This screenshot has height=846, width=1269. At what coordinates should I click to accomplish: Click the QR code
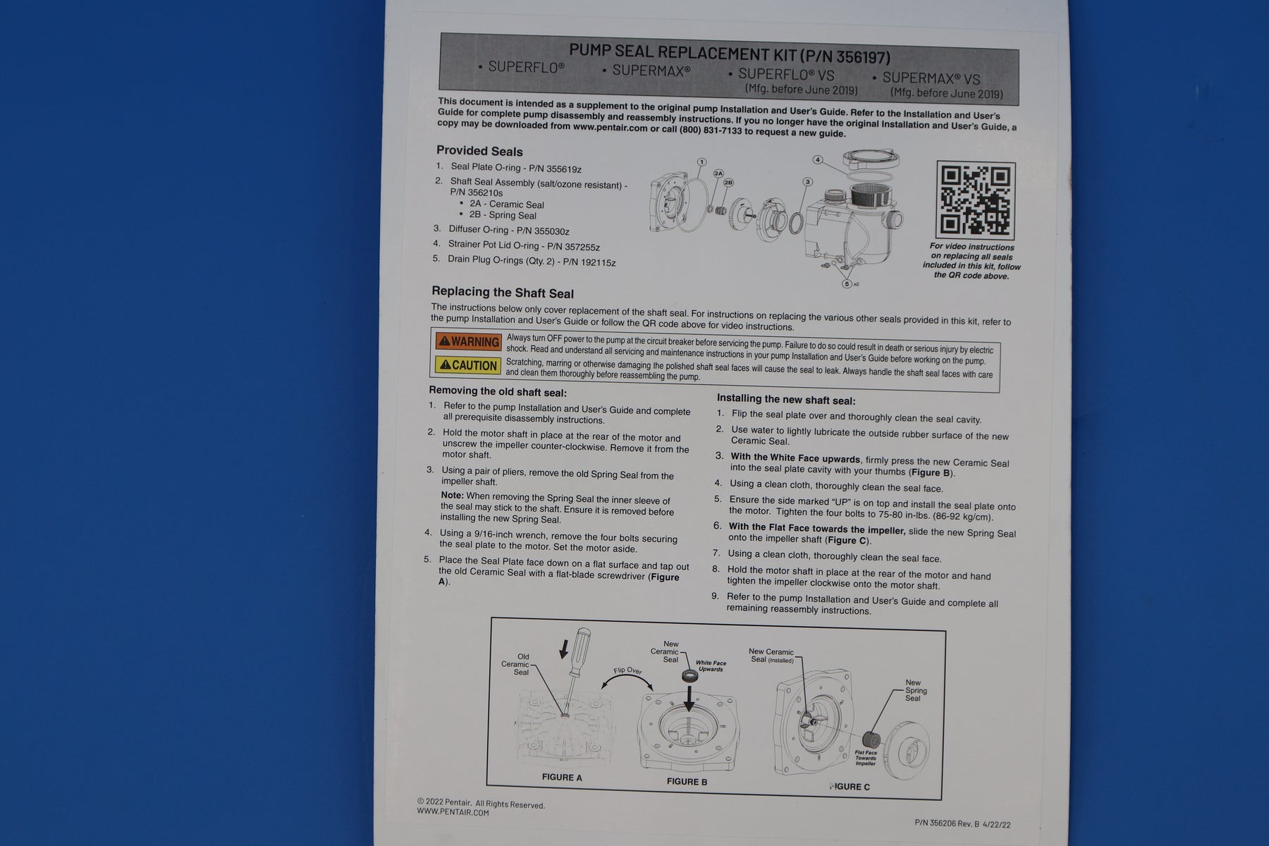[x=975, y=200]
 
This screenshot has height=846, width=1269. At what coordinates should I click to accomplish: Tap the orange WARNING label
[x=468, y=341]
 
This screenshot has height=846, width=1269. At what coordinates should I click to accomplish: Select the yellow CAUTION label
[x=468, y=365]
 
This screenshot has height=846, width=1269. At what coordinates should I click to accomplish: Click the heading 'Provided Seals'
[x=479, y=151]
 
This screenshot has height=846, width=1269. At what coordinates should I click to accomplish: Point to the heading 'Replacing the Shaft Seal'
[x=503, y=293]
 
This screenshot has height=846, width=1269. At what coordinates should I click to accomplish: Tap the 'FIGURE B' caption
[x=687, y=781]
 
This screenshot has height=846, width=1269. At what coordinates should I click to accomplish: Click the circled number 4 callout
[x=818, y=160]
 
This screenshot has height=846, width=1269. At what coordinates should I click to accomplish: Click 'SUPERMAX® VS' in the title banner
[x=931, y=78]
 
